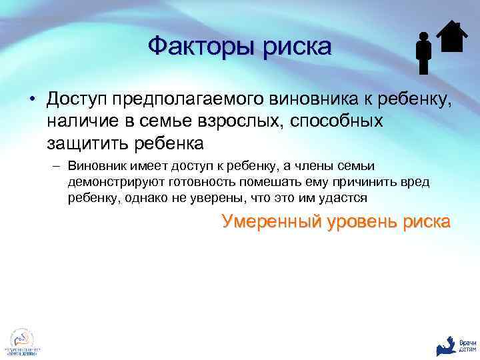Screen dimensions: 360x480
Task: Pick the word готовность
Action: pos(204,182)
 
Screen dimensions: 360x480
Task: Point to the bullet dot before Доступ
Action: pos(32,101)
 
